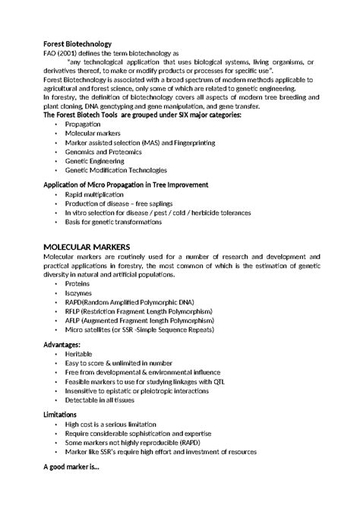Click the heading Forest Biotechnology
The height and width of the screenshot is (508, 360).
pos(77,45)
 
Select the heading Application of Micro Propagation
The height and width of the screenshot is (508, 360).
pos(126,185)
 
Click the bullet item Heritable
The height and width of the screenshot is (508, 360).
pos(79,355)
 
